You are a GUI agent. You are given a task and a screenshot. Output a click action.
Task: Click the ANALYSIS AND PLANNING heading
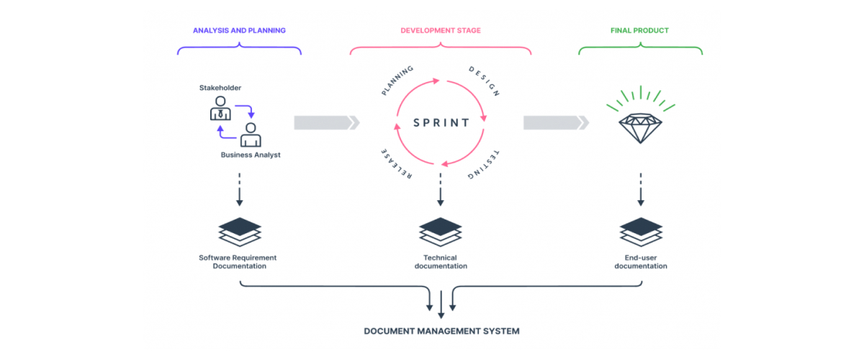[239, 31]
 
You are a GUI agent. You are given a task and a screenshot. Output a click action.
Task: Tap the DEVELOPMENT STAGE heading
[441, 31]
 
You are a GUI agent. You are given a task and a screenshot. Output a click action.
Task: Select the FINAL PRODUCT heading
[640, 31]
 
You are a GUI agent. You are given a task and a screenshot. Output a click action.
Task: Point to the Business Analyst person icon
[251, 135]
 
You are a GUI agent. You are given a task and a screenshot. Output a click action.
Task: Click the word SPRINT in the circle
[441, 122]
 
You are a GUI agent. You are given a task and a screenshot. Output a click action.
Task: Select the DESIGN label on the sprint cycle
[485, 81]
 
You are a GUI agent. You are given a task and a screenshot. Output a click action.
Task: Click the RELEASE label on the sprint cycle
[396, 166]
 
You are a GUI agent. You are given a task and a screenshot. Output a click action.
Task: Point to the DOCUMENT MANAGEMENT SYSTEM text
[441, 332]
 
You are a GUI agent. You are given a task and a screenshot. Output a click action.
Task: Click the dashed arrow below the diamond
[641, 189]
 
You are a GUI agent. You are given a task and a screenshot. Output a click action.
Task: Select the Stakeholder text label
[220, 88]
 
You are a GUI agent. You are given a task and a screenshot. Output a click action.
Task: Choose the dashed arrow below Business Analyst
[240, 189]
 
